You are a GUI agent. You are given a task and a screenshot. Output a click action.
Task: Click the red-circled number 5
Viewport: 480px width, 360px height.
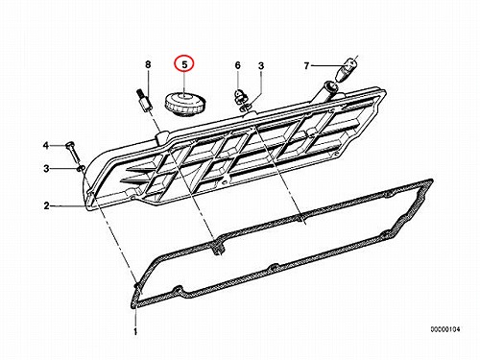pyautogui.click(x=184, y=65)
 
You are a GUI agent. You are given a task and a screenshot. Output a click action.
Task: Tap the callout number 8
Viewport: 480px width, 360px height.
pyautogui.click(x=148, y=64)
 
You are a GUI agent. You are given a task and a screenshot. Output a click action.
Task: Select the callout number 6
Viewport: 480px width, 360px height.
pyautogui.click(x=237, y=65)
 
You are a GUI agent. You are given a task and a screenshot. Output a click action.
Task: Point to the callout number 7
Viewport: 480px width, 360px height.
pyautogui.click(x=306, y=66)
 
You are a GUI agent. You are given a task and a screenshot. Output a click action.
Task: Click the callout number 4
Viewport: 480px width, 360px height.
pyautogui.click(x=46, y=146)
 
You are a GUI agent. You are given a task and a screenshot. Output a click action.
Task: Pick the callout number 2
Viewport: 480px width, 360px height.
pyautogui.click(x=47, y=205)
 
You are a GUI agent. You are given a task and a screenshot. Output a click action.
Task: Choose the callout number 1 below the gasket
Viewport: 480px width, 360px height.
pyautogui.click(x=135, y=331)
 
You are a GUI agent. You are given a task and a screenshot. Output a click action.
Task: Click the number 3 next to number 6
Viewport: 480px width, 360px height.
pyautogui.click(x=261, y=66)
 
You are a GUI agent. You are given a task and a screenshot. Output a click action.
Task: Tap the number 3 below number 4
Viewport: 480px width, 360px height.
pyautogui.click(x=46, y=168)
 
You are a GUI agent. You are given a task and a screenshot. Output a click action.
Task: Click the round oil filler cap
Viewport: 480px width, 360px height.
pyautogui.click(x=185, y=104)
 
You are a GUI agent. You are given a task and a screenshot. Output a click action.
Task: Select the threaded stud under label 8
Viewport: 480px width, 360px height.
pyautogui.click(x=144, y=102)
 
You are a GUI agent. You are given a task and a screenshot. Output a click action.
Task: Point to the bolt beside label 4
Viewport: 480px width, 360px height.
pyautogui.click(x=73, y=153)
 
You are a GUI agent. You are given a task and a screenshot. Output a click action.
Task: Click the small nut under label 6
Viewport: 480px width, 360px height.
pyautogui.click(x=238, y=96)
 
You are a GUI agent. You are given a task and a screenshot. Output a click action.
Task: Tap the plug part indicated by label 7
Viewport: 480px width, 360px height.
pyautogui.click(x=346, y=69)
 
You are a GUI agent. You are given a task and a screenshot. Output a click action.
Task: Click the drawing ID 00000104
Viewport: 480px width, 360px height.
pyautogui.click(x=445, y=328)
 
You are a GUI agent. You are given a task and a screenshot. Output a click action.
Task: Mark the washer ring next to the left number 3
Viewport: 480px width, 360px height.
pyautogui.click(x=82, y=168)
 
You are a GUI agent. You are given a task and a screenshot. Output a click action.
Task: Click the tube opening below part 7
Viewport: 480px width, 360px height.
pyautogui.click(x=329, y=86)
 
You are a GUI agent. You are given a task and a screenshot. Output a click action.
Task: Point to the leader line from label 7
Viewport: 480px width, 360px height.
pyautogui.click(x=324, y=66)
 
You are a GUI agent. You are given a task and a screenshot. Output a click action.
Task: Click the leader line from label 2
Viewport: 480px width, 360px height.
pyautogui.click(x=69, y=206)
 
